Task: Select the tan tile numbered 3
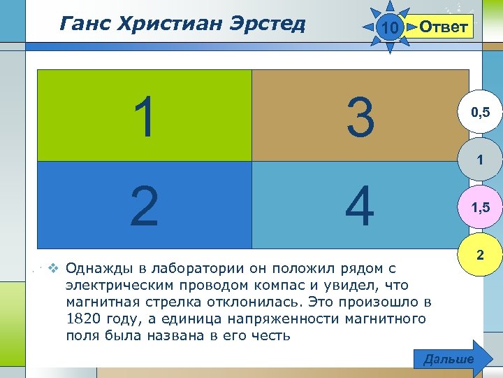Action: point(360,115)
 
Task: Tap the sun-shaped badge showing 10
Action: point(391,27)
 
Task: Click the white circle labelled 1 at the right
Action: point(480,160)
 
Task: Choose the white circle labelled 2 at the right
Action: point(480,256)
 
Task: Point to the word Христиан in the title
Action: point(166,24)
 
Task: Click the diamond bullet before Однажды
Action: point(52,268)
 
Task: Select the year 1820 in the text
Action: point(85,319)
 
